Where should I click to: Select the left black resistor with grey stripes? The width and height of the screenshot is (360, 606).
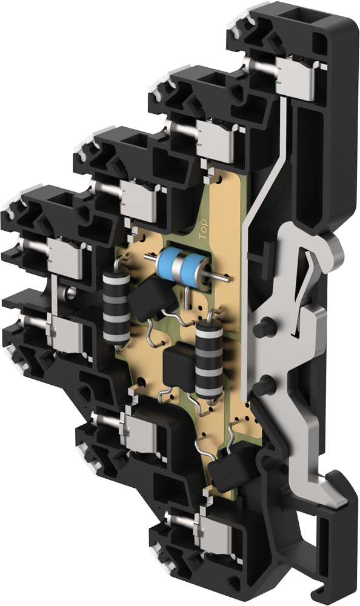point(115,308)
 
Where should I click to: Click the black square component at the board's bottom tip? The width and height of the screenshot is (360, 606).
point(229,469)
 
